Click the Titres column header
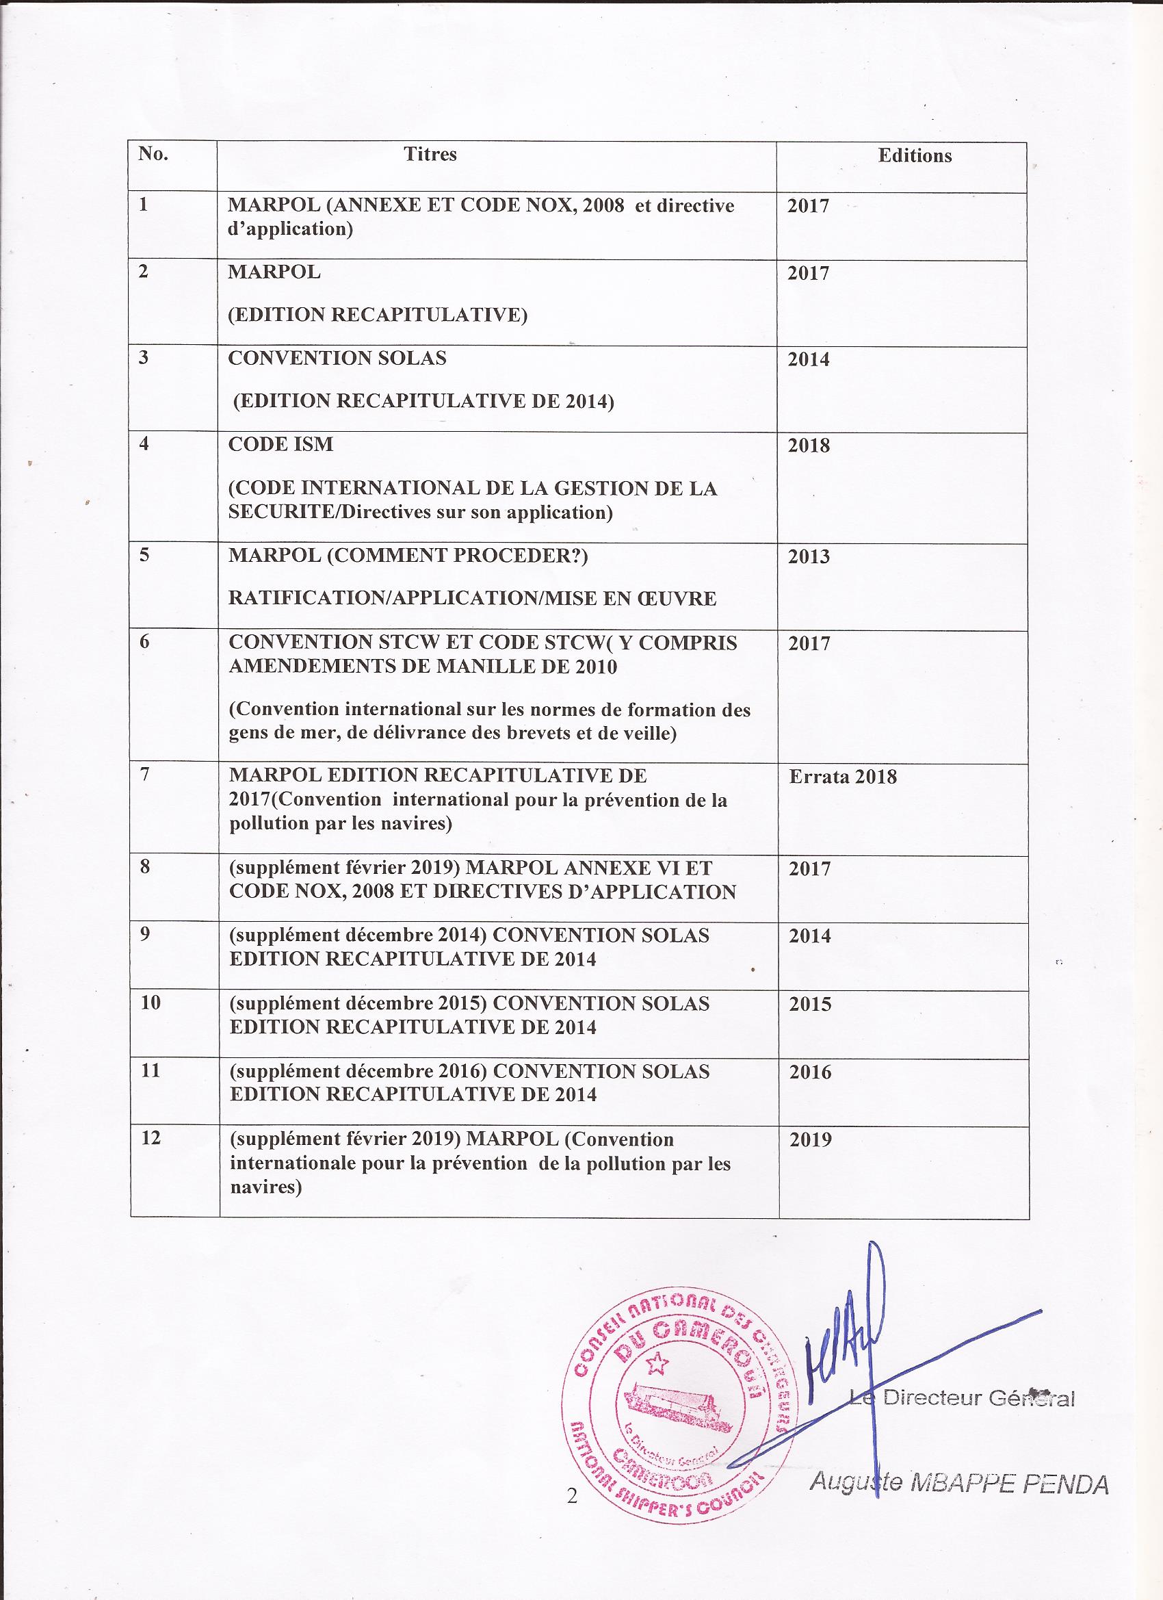pyautogui.click(x=430, y=155)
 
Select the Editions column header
pyautogui.click(x=914, y=156)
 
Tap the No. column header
pyautogui.click(x=153, y=155)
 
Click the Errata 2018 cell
pyautogui.click(x=842, y=777)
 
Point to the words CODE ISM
pyautogui.click(x=280, y=444)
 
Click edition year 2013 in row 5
pyautogui.click(x=809, y=556)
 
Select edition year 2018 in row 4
pyautogui.click(x=809, y=446)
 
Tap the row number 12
pyautogui.click(x=151, y=1138)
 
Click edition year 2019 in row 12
pyautogui.click(x=811, y=1140)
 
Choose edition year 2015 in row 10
pyautogui.click(x=811, y=1004)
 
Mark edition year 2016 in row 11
pyautogui.click(x=811, y=1072)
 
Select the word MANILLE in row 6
pyautogui.click(x=480, y=667)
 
